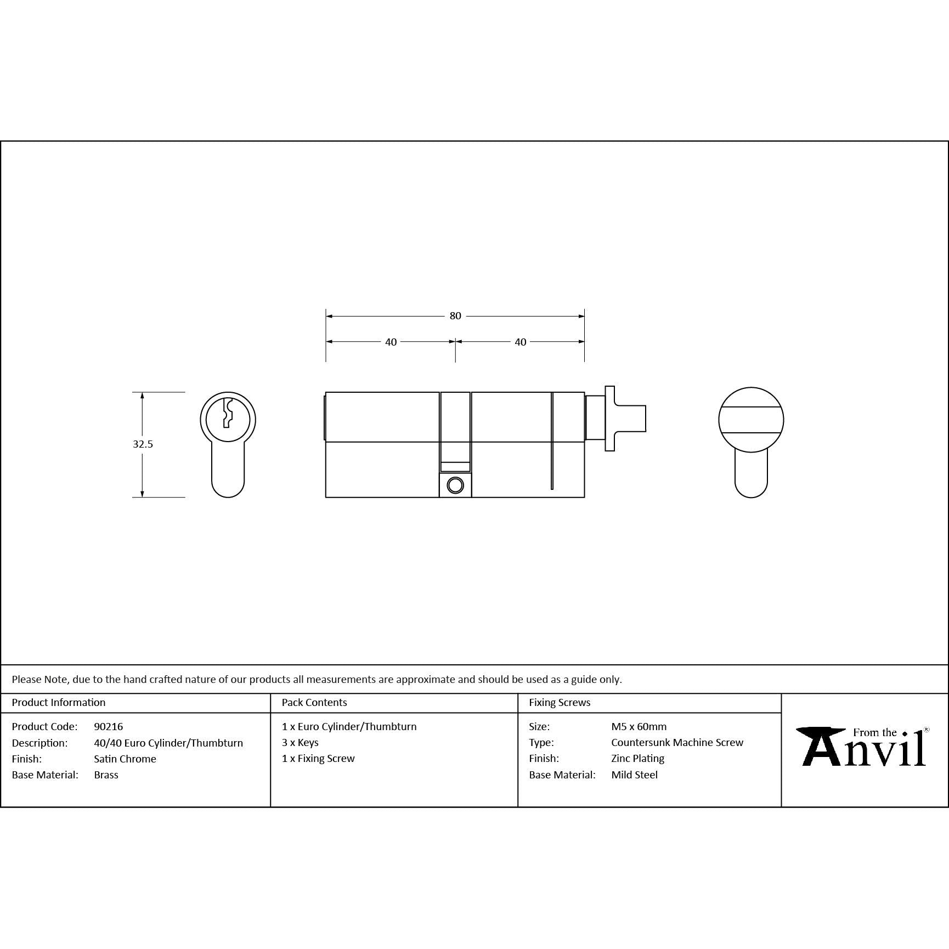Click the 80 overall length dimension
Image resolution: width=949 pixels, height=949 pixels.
(455, 316)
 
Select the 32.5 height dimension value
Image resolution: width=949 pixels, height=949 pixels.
(143, 444)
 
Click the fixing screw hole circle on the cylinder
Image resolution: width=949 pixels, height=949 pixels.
(455, 485)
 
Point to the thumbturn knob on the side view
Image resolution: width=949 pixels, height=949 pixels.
(625, 419)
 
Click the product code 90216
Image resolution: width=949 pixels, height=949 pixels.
(109, 726)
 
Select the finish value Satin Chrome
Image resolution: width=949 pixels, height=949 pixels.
(125, 759)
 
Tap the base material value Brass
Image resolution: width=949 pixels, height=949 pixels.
(106, 775)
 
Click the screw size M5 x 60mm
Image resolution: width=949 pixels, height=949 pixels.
(639, 726)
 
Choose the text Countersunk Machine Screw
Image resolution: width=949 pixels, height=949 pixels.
(677, 742)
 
